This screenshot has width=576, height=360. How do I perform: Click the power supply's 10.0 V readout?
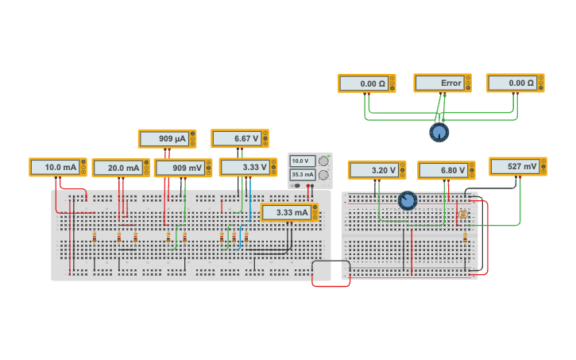coord(302,161)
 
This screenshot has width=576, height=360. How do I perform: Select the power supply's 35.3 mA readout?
coord(302,174)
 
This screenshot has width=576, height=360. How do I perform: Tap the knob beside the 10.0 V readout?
coord(323,161)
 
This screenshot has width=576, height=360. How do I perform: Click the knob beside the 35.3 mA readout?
coord(323,175)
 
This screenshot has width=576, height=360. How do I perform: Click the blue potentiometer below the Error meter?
coord(439,132)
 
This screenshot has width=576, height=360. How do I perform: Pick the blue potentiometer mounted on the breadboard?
coord(408,200)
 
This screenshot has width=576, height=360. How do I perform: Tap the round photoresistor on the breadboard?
coord(463,215)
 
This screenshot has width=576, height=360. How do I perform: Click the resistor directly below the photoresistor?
coord(465,237)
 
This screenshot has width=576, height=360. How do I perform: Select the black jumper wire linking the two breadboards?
coord(331,261)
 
